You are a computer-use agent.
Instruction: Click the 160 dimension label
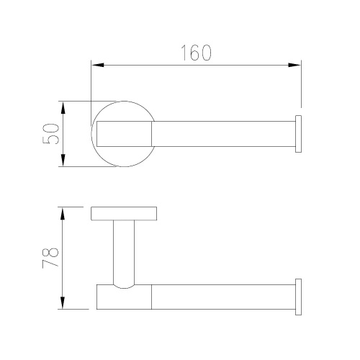click(196, 53)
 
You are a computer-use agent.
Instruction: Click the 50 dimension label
click(50, 134)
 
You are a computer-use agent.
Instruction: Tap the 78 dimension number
click(50, 257)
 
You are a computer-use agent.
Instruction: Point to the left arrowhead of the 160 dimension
click(98, 65)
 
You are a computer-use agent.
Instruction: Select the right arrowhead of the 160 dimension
click(294, 65)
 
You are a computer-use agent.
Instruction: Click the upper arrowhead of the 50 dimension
click(63, 108)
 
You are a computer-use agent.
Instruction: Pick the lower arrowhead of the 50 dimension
click(63, 160)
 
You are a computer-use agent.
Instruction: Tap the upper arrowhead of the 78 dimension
click(63, 214)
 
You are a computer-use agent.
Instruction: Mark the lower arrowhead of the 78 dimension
click(63, 302)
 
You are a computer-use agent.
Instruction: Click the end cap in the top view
click(298, 134)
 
